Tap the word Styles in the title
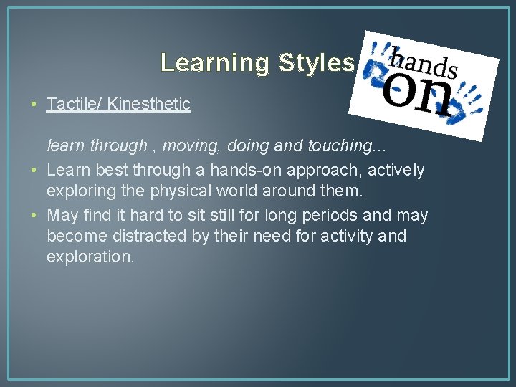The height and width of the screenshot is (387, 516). click(315, 63)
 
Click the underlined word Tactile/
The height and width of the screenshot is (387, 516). click(73, 104)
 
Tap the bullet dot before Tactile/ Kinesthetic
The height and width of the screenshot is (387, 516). click(35, 104)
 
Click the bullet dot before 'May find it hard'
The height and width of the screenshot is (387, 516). click(35, 216)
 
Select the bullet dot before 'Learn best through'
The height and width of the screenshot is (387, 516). click(35, 171)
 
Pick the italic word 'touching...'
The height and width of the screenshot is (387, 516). click(348, 146)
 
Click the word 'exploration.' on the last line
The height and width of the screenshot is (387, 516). click(90, 257)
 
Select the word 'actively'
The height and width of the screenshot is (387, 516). click(396, 171)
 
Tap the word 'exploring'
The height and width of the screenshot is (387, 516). click(80, 191)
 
